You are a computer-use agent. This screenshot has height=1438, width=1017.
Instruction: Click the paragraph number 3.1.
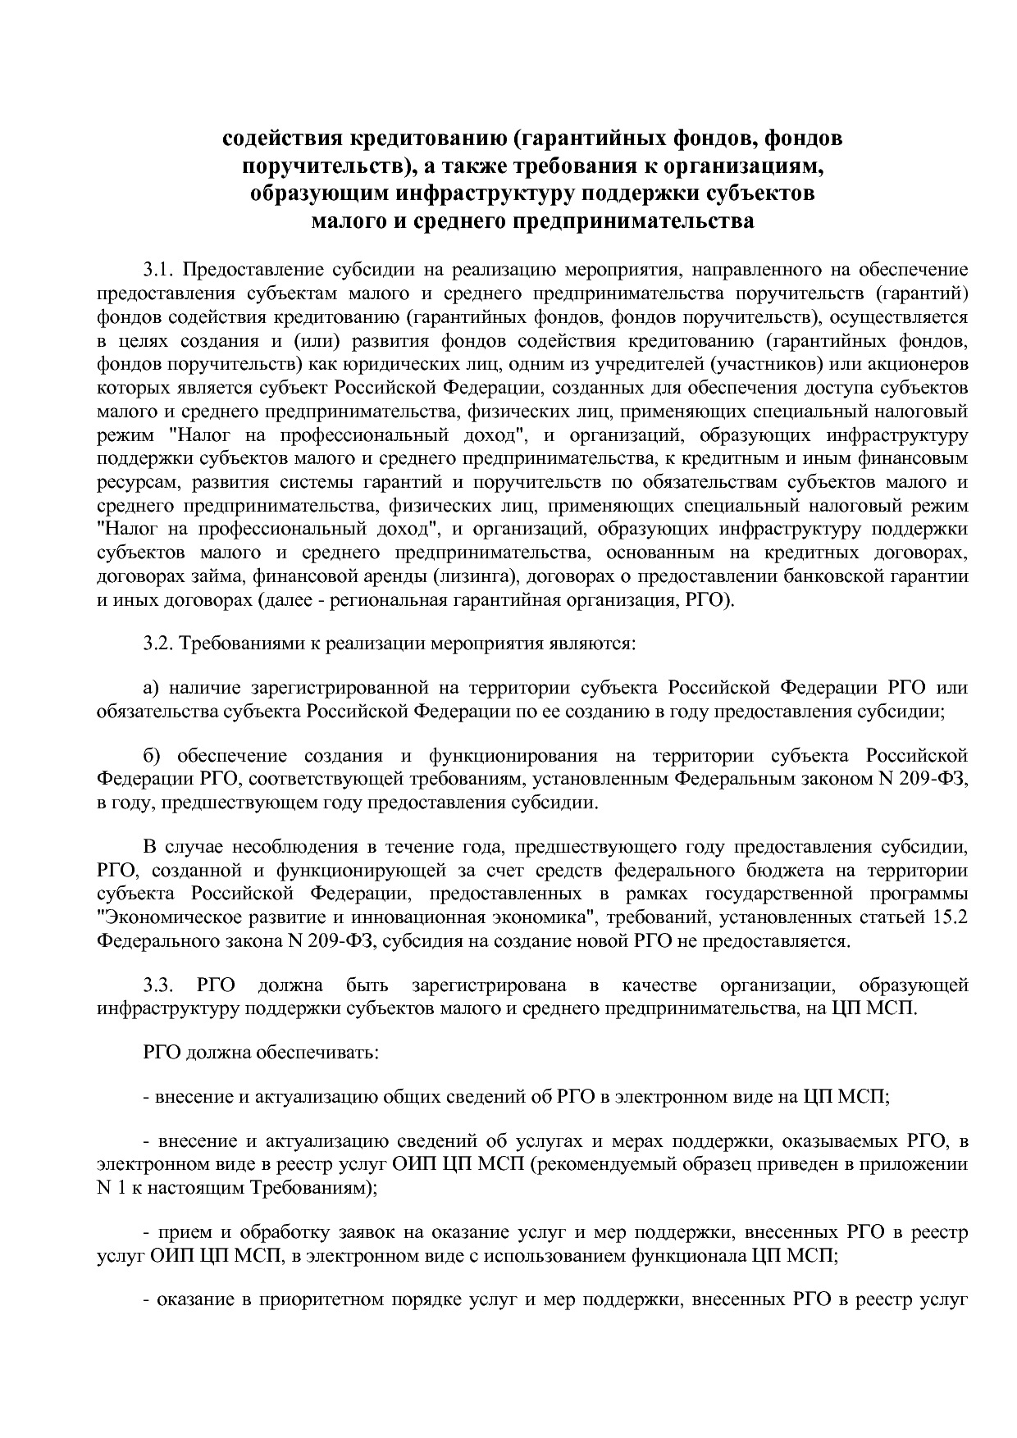point(158,270)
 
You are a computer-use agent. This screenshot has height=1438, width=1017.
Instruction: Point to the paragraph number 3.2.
point(158,643)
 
